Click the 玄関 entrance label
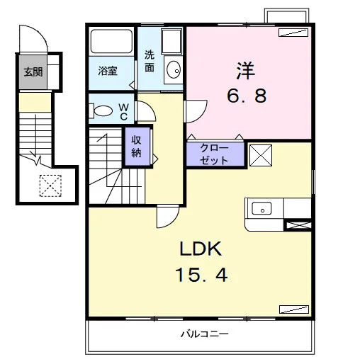coord(33,72)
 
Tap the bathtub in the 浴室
coord(111,41)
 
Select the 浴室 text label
coord(108,71)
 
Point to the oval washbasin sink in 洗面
coord(174,69)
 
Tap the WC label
coord(123,112)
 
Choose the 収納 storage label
coord(136,147)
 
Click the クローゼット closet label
coord(214,154)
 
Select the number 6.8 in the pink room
coord(247,96)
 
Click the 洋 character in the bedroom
coord(246,71)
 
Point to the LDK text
coord(201,249)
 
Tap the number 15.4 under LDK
coord(201,275)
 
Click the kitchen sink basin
coord(261,208)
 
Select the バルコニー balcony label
coord(205,334)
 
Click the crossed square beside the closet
coord(261,155)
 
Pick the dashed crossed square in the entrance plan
coord(50,186)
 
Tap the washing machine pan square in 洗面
coord(171,42)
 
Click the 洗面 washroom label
coord(150,61)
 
